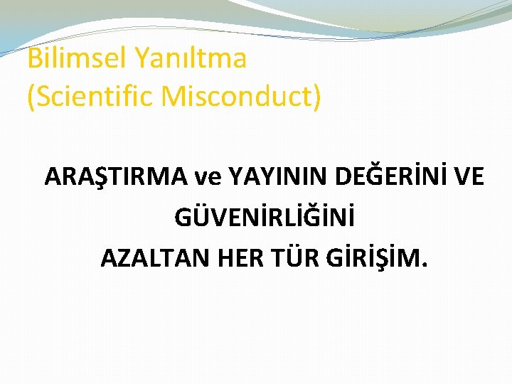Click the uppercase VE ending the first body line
[x=470, y=176]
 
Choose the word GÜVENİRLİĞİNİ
[x=264, y=216]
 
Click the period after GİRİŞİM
[x=425, y=266]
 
